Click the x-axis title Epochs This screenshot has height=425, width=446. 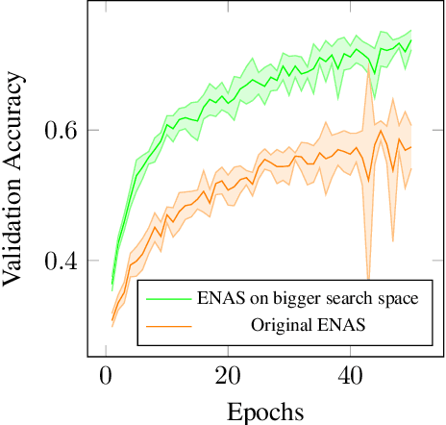pyautogui.click(x=264, y=412)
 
